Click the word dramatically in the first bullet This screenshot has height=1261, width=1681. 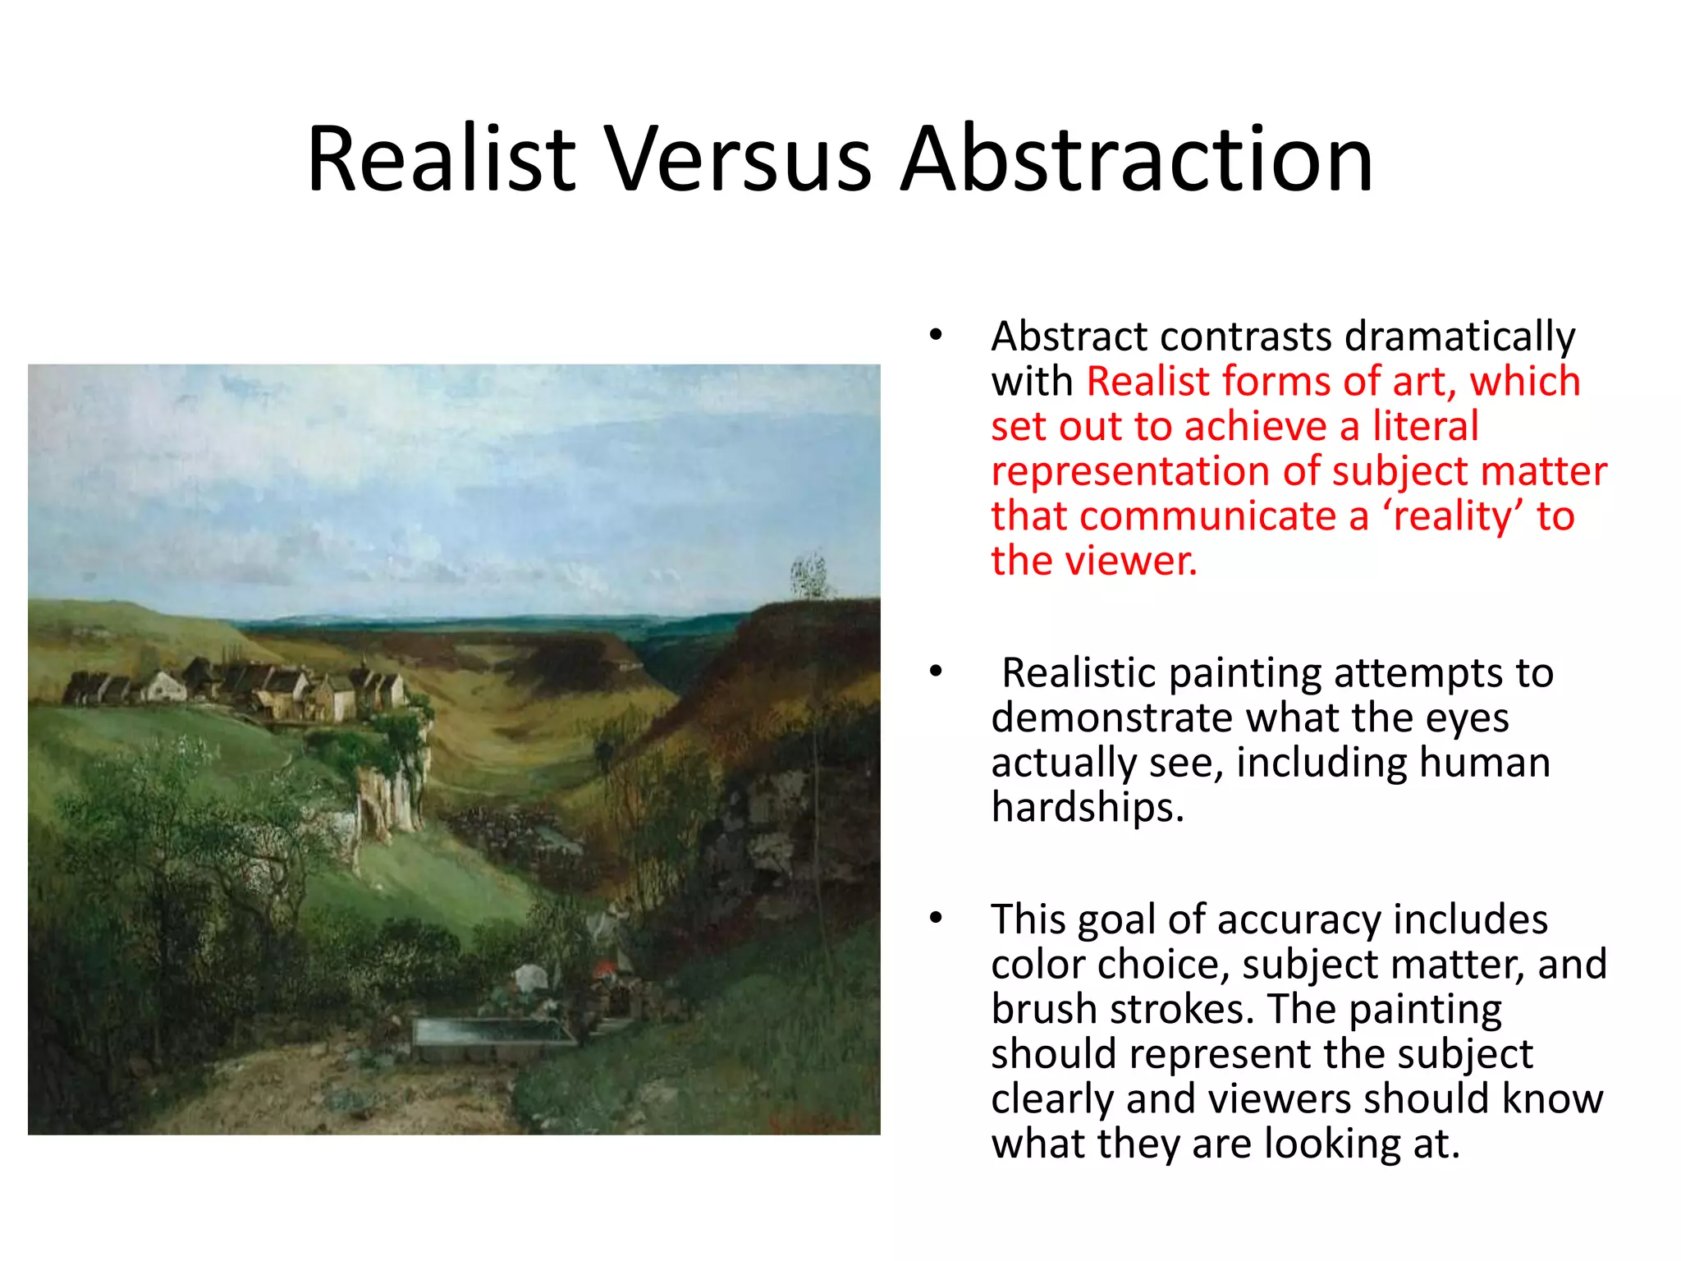click(x=1459, y=337)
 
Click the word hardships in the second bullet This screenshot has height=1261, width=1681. click(x=1088, y=807)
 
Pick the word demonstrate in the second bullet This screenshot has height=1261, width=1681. click(x=1112, y=718)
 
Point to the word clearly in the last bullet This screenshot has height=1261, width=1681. click(x=1052, y=1098)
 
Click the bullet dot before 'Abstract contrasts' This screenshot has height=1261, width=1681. click(x=936, y=336)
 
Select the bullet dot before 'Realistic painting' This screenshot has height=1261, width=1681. click(x=936, y=672)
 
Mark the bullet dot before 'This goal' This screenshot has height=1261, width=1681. click(x=936, y=918)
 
